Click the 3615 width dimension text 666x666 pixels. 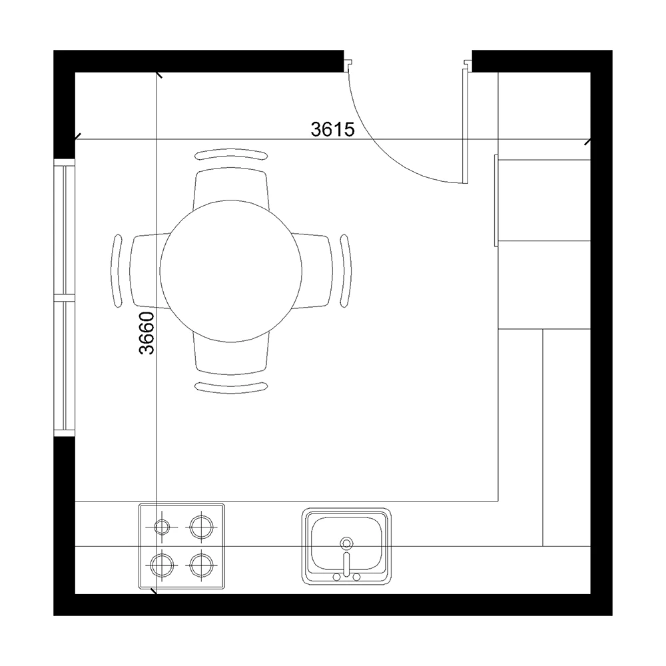click(x=332, y=129)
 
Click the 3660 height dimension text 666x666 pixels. click(x=147, y=333)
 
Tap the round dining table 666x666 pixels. click(x=230, y=271)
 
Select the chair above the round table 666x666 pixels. click(x=230, y=187)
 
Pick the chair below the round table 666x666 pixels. click(x=230, y=355)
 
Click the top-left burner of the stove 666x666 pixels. click(x=162, y=527)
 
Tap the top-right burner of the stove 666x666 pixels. click(x=201, y=527)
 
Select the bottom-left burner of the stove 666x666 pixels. click(x=162, y=565)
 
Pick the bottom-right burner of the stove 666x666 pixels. click(x=201, y=565)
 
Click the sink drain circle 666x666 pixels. click(x=346, y=543)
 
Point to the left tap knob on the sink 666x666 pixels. click(x=336, y=577)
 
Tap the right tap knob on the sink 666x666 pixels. click(x=357, y=577)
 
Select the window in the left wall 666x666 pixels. click(x=64, y=297)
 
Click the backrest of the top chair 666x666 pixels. click(x=231, y=155)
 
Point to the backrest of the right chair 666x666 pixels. click(x=346, y=270)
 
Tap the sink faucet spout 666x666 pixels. click(x=346, y=564)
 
